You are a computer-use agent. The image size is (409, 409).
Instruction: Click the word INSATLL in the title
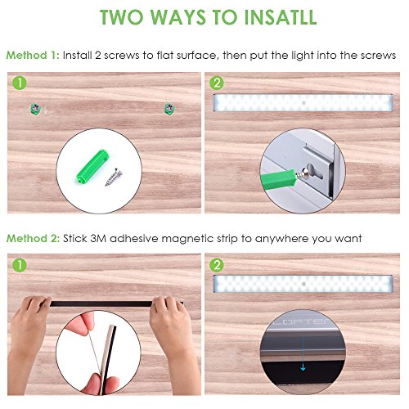tap(280, 17)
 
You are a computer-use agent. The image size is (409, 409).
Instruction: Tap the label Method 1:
tap(33, 56)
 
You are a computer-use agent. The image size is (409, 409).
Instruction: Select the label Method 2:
tap(33, 239)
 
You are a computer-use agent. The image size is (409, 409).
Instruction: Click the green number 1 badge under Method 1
tap(20, 83)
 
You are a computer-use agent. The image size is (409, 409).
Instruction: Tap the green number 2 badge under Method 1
tap(217, 83)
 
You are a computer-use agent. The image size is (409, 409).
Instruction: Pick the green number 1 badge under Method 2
tap(20, 265)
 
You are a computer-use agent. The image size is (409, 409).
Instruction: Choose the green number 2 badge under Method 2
tap(217, 265)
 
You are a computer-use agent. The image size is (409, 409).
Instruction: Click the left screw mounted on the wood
tap(35, 109)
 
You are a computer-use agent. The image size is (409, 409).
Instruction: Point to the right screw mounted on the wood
tap(169, 109)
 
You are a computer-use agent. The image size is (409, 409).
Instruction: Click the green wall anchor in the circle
tap(92, 166)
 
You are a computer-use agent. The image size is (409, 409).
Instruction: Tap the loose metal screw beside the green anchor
tap(114, 178)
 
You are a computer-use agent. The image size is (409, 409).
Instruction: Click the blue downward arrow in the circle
tap(303, 353)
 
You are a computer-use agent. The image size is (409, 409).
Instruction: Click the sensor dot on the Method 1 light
tap(303, 103)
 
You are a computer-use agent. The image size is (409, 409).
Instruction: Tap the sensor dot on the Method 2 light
tap(303, 284)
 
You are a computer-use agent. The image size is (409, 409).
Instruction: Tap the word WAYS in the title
tap(178, 17)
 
